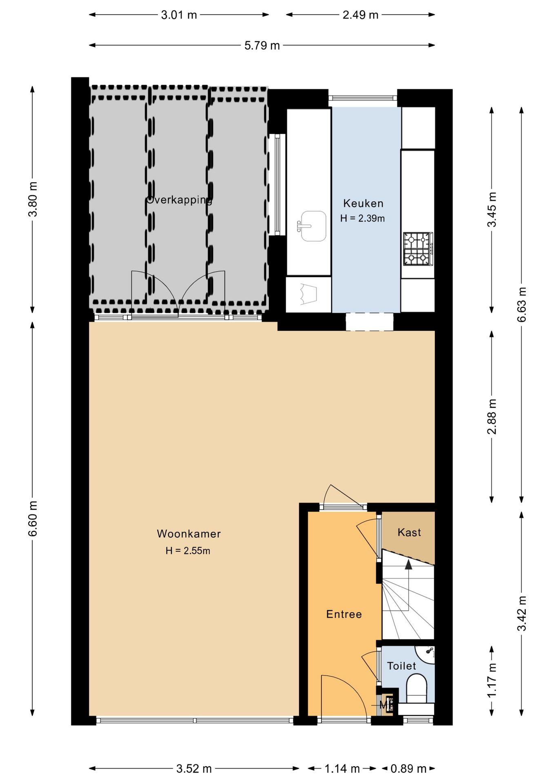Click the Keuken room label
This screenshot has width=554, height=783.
click(x=363, y=203)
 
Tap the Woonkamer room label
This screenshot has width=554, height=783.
click(x=189, y=534)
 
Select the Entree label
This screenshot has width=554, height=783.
click(x=344, y=614)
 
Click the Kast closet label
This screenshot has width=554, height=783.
click(x=409, y=532)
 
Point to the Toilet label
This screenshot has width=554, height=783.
click(x=401, y=666)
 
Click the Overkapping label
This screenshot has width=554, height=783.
click(x=179, y=200)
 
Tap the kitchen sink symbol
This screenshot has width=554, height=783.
click(x=312, y=226)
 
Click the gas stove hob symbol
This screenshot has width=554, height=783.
click(x=418, y=249)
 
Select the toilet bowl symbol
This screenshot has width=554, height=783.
click(x=417, y=689)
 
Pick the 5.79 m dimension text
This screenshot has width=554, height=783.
click(x=262, y=45)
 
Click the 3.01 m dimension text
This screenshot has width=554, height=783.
click(x=179, y=15)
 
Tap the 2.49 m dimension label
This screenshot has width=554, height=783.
click(x=360, y=15)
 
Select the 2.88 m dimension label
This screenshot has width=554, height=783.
click(x=492, y=416)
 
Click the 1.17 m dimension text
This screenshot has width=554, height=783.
click(x=492, y=681)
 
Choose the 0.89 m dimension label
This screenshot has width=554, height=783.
click(x=408, y=769)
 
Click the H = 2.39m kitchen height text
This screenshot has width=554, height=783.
click(x=362, y=219)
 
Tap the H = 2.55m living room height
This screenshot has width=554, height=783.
click(x=188, y=551)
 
